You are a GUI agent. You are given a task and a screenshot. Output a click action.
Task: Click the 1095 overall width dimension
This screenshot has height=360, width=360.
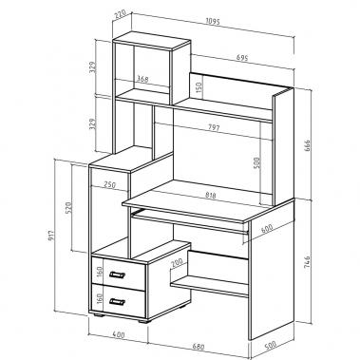point(213,21)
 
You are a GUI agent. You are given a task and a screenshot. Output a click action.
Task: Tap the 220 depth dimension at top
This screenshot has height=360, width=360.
point(121,15)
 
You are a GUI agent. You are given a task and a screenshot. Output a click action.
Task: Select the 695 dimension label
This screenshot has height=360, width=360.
point(242,57)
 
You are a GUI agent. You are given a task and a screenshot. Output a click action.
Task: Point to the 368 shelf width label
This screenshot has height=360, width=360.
point(142,79)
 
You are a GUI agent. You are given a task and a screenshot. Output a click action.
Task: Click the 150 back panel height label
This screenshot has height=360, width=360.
point(199,87)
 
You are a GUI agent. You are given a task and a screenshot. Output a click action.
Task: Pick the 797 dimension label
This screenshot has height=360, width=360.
point(214,127)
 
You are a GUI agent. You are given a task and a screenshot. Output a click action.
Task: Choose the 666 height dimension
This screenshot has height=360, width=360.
point(307,145)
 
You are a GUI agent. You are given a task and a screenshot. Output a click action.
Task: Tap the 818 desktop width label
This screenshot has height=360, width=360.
point(210,196)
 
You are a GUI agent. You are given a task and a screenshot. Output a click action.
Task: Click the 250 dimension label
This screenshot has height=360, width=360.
point(109,184)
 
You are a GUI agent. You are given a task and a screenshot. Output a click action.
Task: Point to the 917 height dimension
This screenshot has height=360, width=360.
point(52,235)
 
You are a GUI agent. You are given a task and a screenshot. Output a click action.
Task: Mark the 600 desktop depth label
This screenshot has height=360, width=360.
point(267,228)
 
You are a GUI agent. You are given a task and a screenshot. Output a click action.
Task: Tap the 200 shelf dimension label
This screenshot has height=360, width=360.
point(177,263)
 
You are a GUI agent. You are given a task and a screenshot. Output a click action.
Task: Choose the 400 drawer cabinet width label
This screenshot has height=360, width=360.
point(119,334)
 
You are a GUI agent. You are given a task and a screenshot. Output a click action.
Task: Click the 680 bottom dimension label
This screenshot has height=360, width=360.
point(199,347)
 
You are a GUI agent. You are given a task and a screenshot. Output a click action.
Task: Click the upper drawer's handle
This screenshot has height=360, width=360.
point(117,275)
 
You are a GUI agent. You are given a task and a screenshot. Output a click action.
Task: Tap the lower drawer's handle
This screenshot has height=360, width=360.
point(117,302)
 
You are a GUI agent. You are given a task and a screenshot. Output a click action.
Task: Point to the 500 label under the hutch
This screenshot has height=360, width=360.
point(256,162)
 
